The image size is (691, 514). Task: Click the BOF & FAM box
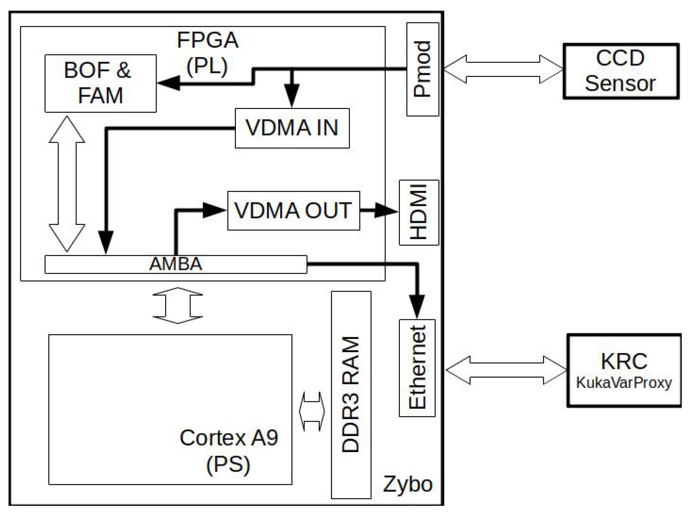click(x=100, y=83)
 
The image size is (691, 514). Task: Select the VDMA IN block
click(x=292, y=128)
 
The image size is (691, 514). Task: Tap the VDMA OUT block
click(x=293, y=211)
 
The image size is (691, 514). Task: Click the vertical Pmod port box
click(x=422, y=69)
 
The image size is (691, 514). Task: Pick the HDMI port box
click(x=418, y=213)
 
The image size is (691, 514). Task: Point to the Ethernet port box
click(x=417, y=368)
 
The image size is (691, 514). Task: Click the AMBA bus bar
click(x=176, y=264)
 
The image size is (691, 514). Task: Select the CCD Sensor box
click(x=621, y=71)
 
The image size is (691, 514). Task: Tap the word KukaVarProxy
click(x=624, y=383)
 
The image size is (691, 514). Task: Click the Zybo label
click(x=407, y=484)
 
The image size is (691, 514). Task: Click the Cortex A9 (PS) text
click(x=228, y=451)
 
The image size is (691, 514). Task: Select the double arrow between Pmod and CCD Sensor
click(x=503, y=69)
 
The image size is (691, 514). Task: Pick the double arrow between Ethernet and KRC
click(x=506, y=370)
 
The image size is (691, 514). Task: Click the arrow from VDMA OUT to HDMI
click(x=379, y=210)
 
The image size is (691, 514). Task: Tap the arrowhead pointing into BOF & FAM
click(x=168, y=83)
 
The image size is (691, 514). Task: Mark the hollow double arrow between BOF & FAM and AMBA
click(x=67, y=183)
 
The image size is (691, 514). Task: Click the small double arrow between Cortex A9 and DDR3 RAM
click(x=312, y=411)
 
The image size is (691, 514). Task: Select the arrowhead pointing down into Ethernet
click(x=417, y=306)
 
